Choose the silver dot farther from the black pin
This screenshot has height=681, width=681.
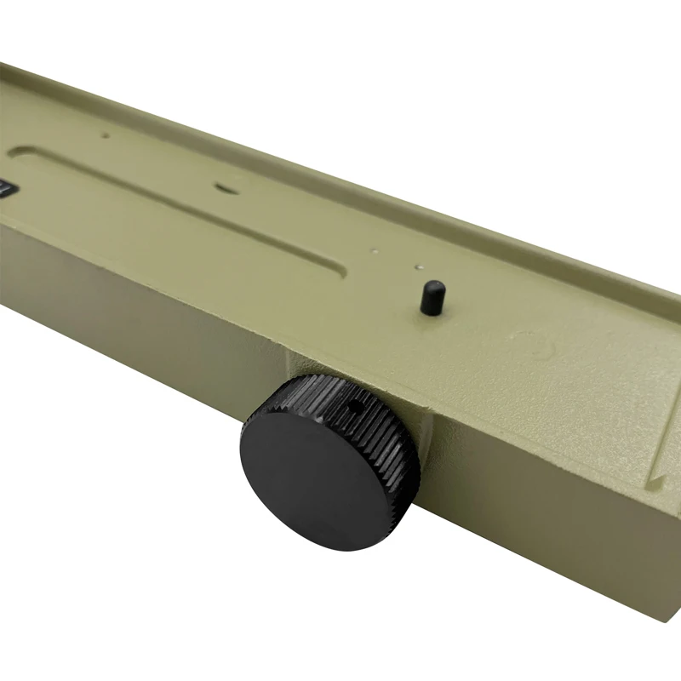tap(374, 251)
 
